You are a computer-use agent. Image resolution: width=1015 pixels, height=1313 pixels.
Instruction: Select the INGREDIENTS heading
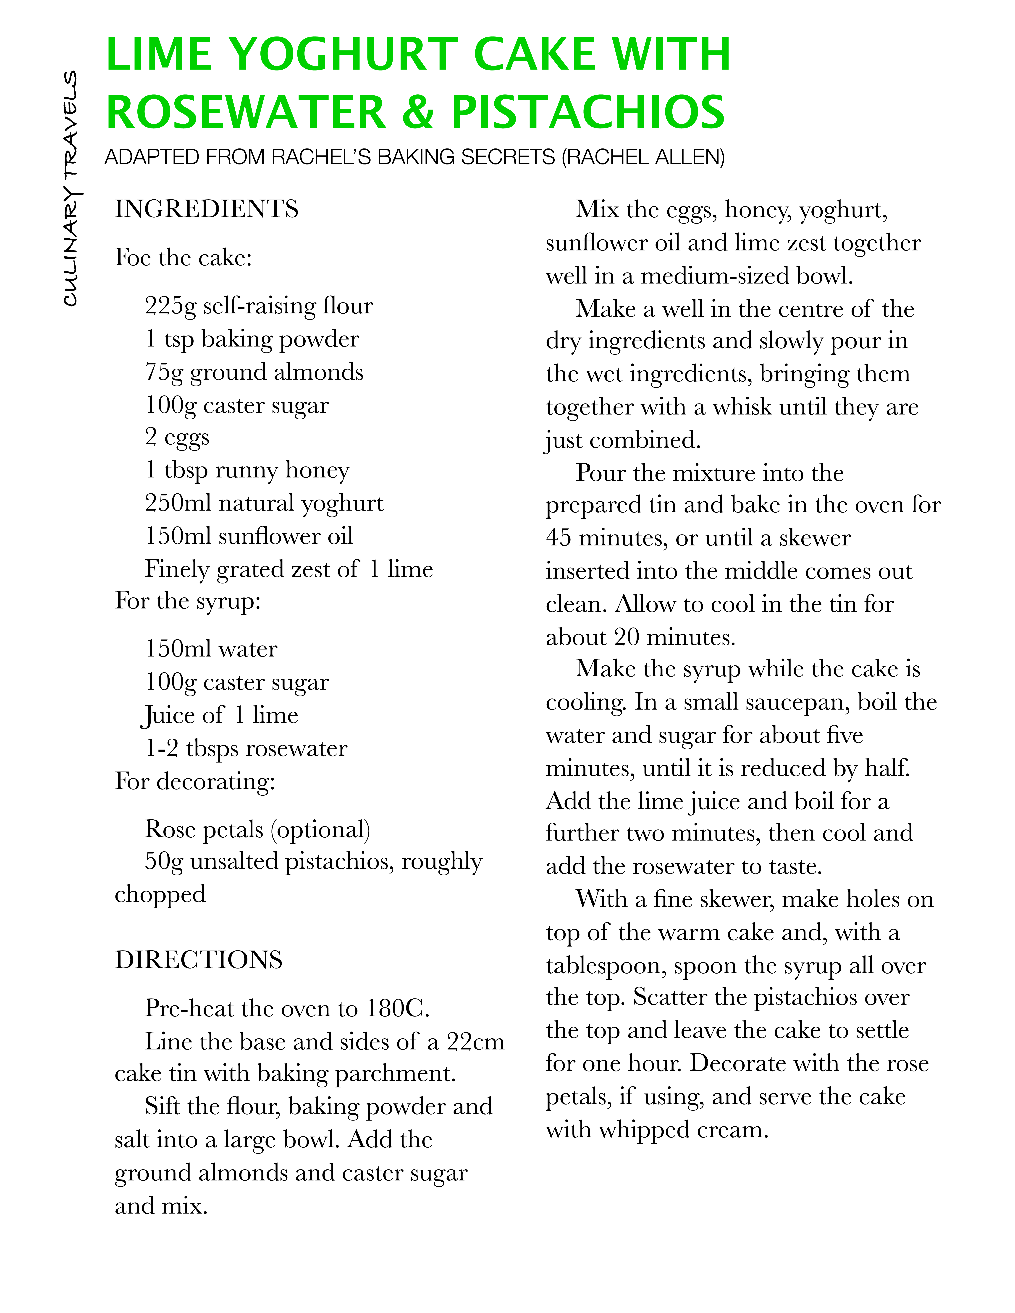[x=206, y=209]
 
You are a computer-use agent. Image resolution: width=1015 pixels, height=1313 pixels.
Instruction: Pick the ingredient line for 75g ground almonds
[x=254, y=373]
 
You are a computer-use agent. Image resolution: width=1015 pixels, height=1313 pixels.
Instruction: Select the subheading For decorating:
[x=195, y=782]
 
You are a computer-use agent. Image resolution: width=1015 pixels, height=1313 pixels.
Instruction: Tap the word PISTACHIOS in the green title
[x=588, y=112]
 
